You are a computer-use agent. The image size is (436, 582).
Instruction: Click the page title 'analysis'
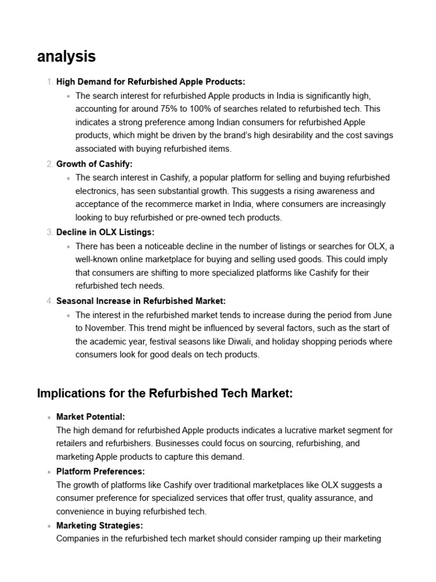point(66,57)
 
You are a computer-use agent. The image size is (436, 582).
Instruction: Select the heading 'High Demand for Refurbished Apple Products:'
point(150,82)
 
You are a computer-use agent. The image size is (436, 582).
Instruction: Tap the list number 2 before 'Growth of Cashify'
point(49,164)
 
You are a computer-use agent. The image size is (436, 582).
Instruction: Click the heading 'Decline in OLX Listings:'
point(105,232)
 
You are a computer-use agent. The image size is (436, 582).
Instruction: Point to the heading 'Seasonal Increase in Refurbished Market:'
point(141,301)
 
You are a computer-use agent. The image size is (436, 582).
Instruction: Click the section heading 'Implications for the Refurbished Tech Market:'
point(165,393)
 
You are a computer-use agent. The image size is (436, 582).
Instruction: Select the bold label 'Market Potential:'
point(90,417)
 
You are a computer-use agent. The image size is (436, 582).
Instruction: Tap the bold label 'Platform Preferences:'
point(100,471)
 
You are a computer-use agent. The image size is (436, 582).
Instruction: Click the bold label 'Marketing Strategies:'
point(99,525)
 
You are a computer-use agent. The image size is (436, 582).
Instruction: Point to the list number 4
point(49,301)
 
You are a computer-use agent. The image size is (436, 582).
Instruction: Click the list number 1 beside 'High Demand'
point(49,82)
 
